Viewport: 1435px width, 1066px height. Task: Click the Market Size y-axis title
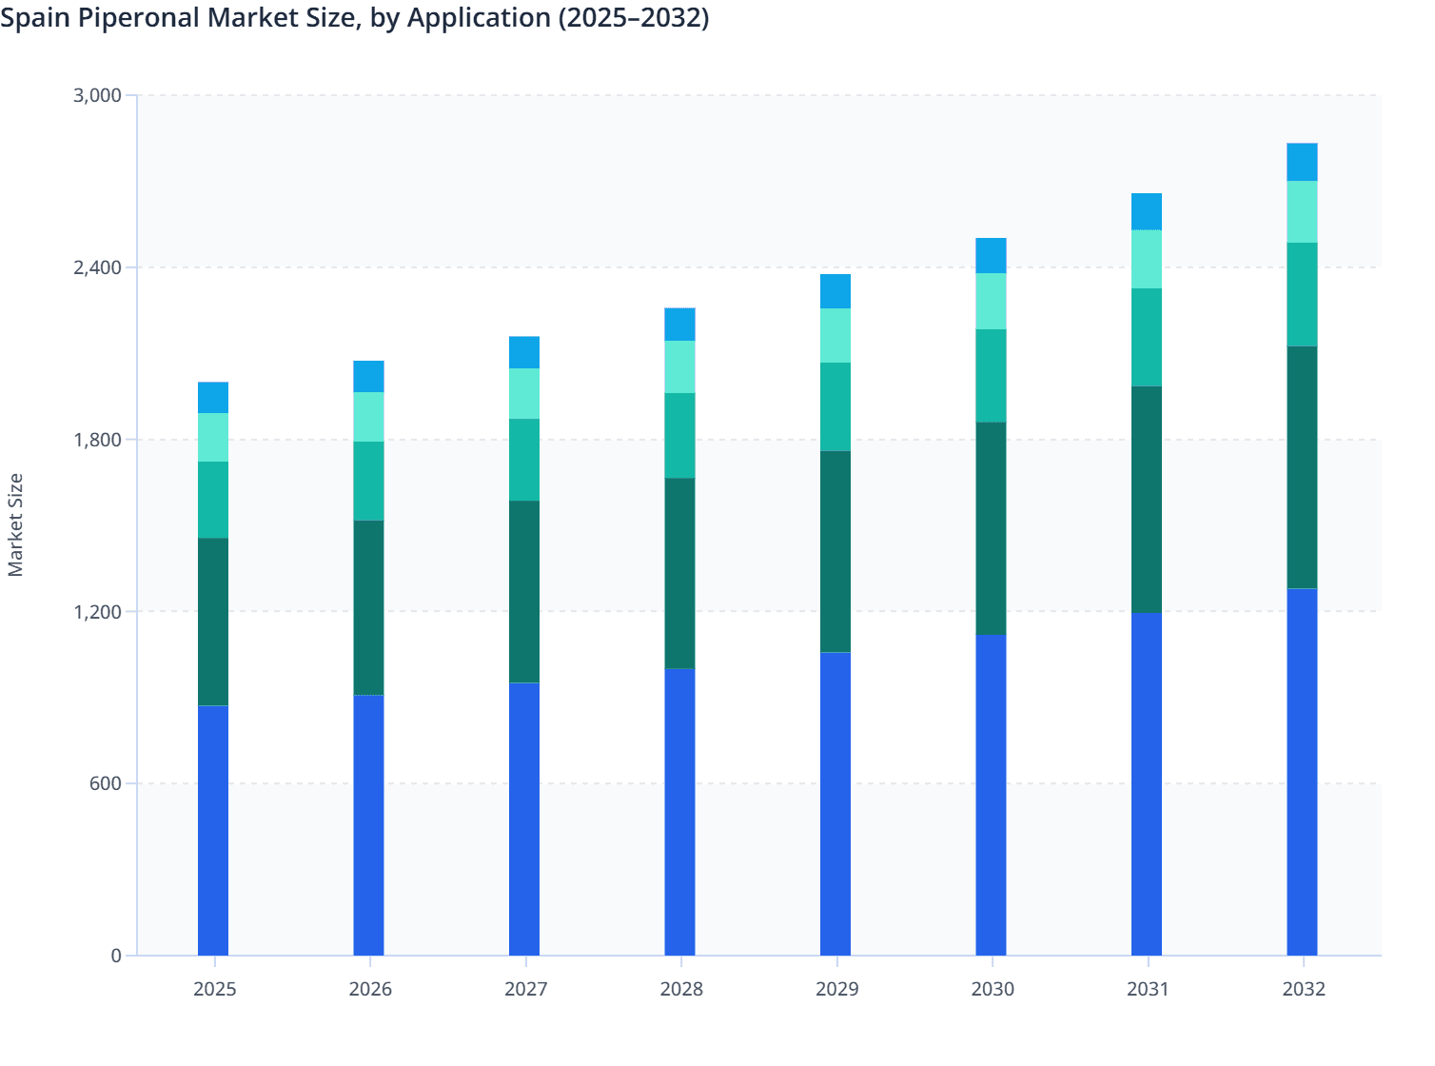pyautogui.click(x=15, y=524)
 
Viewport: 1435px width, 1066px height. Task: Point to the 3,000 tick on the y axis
pyautogui.click(x=97, y=95)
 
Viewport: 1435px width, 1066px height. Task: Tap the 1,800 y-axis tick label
pyautogui.click(x=97, y=440)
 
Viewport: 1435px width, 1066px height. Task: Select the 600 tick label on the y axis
pyautogui.click(x=106, y=783)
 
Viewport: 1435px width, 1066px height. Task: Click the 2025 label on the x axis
pyautogui.click(x=214, y=989)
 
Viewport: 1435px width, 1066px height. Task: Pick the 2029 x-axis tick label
pyautogui.click(x=836, y=989)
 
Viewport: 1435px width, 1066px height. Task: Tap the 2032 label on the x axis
pyautogui.click(x=1303, y=989)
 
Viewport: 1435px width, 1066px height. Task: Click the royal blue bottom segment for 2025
pyautogui.click(x=213, y=830)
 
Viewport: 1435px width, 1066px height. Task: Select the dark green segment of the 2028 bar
pyautogui.click(x=679, y=573)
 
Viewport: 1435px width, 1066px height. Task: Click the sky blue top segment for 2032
pyautogui.click(x=1302, y=162)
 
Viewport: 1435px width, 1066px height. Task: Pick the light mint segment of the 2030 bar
pyautogui.click(x=991, y=301)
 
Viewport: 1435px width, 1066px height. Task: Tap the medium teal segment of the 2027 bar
pyautogui.click(x=524, y=460)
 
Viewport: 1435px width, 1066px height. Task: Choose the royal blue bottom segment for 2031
pyautogui.click(x=1147, y=783)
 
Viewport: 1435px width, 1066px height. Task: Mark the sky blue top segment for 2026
pyautogui.click(x=368, y=376)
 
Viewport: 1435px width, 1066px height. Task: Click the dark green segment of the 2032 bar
pyautogui.click(x=1302, y=467)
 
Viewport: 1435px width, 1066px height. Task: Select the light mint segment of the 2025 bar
pyautogui.click(x=213, y=437)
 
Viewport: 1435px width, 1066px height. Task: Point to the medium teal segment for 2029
pyautogui.click(x=835, y=406)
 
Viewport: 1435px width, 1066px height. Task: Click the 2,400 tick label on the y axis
pyautogui.click(x=97, y=267)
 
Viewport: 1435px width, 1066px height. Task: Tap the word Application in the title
pyautogui.click(x=479, y=18)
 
